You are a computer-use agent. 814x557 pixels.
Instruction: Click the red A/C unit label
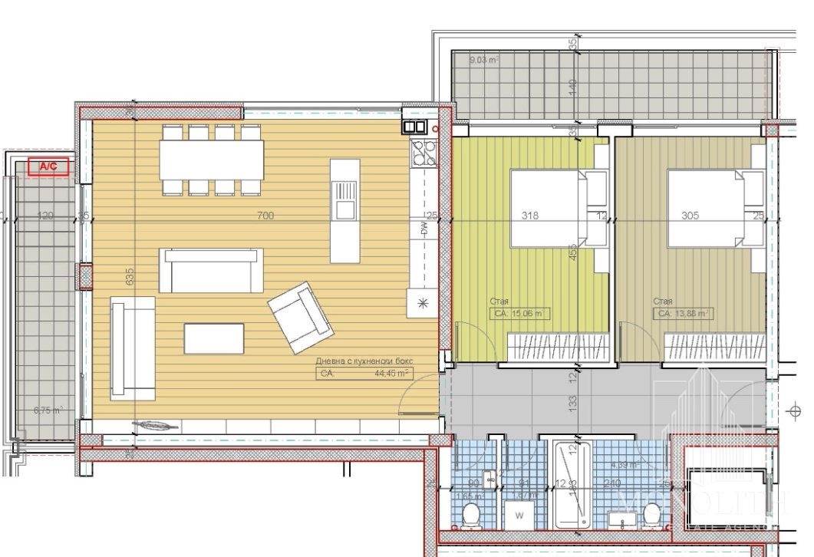(x=48, y=166)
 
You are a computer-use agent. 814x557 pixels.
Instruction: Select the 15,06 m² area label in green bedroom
(x=519, y=313)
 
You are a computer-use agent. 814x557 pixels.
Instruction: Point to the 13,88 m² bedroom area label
(x=682, y=313)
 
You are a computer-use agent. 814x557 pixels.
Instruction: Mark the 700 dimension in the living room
(x=265, y=216)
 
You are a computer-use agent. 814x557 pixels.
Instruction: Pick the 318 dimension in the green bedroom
(x=529, y=216)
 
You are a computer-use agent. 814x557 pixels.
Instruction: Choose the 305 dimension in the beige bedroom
(x=690, y=216)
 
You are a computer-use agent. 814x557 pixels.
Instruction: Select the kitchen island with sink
(x=344, y=211)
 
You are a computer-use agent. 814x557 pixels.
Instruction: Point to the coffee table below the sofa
(x=214, y=338)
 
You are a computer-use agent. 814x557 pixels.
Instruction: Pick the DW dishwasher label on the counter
(x=423, y=228)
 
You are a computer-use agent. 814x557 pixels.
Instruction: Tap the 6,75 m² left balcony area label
(x=48, y=410)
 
